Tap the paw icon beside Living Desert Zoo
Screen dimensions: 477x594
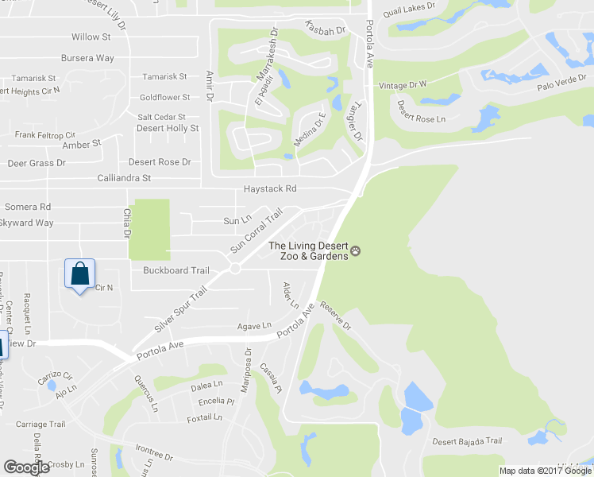click(x=356, y=251)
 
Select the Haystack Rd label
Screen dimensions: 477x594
click(x=270, y=189)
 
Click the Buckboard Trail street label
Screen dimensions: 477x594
click(x=176, y=270)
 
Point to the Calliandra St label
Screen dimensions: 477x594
click(x=124, y=179)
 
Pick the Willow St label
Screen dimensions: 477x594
click(x=91, y=37)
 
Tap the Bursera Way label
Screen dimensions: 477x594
click(x=88, y=58)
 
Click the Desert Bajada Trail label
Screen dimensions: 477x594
click(x=467, y=441)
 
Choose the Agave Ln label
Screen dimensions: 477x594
click(x=254, y=326)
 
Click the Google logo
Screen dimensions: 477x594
click(x=26, y=467)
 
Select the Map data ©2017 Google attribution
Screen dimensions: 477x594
click(x=546, y=471)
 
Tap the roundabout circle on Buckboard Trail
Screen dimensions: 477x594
click(x=235, y=269)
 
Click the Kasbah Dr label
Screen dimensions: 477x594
click(x=326, y=30)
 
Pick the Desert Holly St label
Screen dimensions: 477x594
click(x=167, y=128)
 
